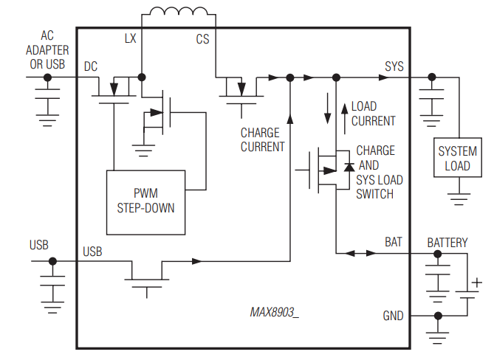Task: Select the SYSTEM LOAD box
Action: (x=457, y=158)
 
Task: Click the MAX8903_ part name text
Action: (x=274, y=312)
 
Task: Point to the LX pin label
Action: (x=129, y=39)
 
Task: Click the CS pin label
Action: (x=202, y=39)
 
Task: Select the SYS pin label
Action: (x=394, y=66)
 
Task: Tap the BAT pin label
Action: (x=394, y=242)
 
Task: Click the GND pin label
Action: (x=393, y=316)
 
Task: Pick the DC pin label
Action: (x=91, y=66)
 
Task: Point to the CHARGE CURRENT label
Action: (x=262, y=139)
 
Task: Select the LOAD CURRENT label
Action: (x=373, y=114)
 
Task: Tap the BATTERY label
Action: (x=447, y=242)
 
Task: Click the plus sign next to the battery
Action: (x=476, y=282)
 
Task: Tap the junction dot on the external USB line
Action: (x=52, y=261)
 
